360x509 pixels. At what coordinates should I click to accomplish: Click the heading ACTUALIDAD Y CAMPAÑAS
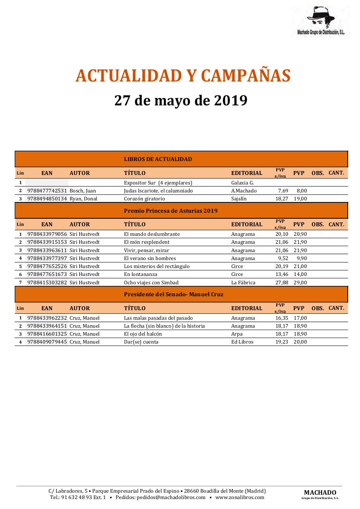(x=183, y=76)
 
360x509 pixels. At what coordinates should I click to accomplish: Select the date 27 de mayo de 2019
(x=181, y=101)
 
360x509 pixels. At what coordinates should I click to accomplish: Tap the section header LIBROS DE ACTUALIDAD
(x=158, y=159)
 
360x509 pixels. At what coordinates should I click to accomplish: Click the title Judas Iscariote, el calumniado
(x=158, y=191)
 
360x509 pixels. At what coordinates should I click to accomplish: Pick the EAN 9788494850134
(x=47, y=199)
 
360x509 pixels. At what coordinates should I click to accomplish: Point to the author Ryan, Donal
(x=83, y=199)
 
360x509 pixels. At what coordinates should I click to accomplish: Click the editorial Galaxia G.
(x=242, y=183)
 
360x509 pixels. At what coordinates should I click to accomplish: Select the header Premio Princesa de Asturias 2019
(x=170, y=211)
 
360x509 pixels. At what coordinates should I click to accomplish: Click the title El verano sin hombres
(x=150, y=258)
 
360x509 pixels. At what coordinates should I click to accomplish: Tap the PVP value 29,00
(x=300, y=283)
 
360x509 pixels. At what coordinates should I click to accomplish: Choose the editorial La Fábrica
(x=243, y=283)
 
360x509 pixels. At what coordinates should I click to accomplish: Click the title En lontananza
(x=140, y=274)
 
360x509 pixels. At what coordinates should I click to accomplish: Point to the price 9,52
(x=283, y=258)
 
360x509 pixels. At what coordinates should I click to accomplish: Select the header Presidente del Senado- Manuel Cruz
(x=173, y=295)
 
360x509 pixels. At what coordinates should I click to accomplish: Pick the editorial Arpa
(x=237, y=334)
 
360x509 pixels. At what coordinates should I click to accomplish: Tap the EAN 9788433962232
(x=47, y=318)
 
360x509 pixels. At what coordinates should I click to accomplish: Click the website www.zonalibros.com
(x=240, y=497)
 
